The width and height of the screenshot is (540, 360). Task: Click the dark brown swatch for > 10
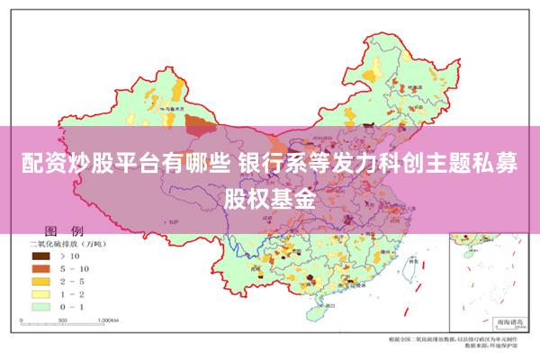click(x=38, y=256)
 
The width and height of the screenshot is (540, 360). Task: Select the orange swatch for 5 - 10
click(x=38, y=268)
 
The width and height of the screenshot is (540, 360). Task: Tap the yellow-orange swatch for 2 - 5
click(x=38, y=281)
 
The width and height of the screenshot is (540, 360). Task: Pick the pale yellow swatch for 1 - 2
click(x=38, y=293)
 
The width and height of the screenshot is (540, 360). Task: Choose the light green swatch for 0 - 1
click(x=38, y=306)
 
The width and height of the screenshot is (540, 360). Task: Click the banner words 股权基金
click(x=270, y=197)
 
